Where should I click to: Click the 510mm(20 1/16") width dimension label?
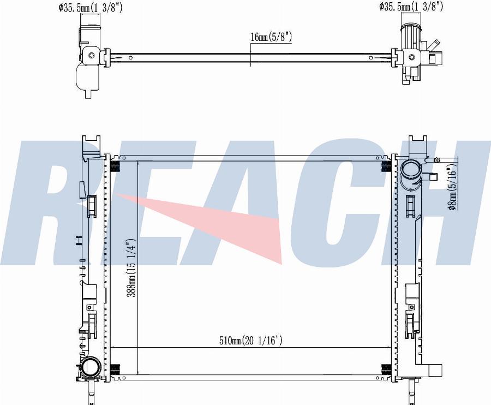click(251, 340)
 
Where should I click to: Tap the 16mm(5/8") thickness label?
click(271, 37)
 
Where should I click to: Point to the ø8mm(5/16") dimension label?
click(453, 190)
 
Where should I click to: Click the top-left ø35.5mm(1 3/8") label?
click(90, 8)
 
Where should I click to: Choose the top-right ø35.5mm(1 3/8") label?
click(411, 6)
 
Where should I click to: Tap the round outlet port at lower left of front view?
click(91, 367)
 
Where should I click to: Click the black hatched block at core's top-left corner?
click(115, 166)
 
